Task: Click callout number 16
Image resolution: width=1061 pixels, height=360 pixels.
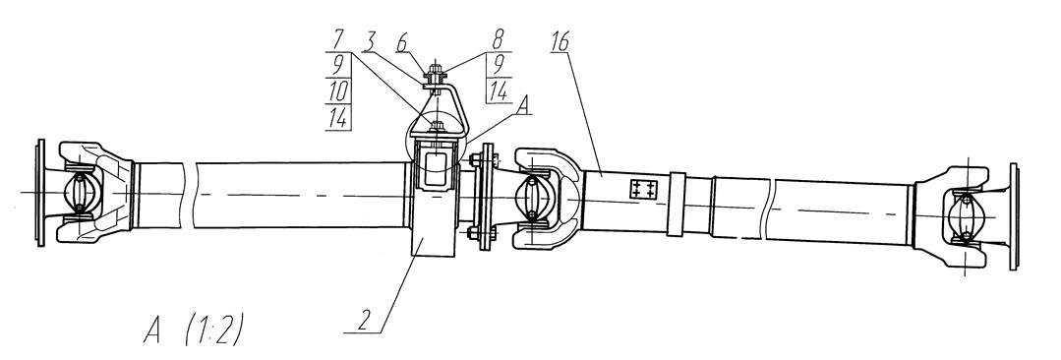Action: coord(560,42)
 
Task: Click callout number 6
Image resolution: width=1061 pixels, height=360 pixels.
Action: coord(401,42)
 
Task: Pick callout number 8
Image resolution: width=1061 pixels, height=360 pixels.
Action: coord(499,42)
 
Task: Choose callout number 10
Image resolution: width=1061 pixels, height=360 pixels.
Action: coord(337,91)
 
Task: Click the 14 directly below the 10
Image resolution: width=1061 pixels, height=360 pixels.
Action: coord(337,118)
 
